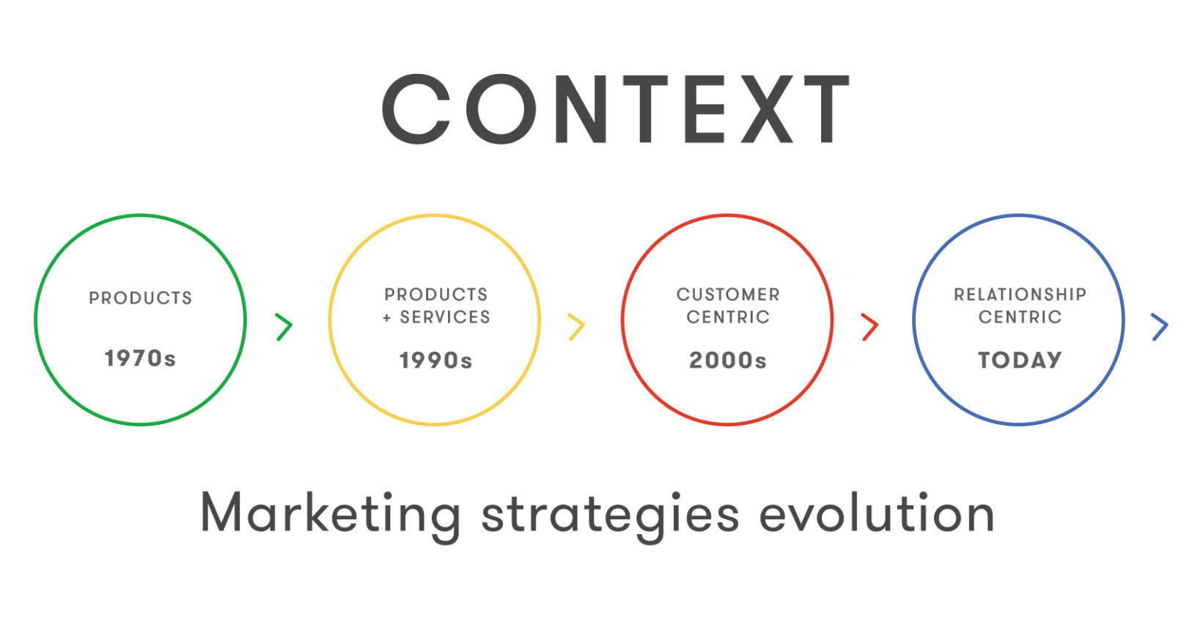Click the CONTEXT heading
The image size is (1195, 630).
tap(616, 109)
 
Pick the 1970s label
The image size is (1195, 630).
tap(140, 359)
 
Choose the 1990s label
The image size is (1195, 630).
tap(436, 361)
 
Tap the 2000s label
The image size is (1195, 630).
tap(728, 361)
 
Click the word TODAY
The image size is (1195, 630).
tap(1020, 360)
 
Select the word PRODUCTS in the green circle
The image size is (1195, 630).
tap(140, 298)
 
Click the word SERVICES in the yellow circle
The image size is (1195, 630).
tap(445, 317)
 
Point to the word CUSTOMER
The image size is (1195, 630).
tap(728, 294)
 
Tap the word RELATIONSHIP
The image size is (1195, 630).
tap(1020, 294)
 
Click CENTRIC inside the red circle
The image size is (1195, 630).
tap(728, 317)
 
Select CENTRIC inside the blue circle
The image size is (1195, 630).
tap(1020, 317)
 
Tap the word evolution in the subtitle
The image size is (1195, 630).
tap(877, 513)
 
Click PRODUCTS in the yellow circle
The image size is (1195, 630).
tap(436, 294)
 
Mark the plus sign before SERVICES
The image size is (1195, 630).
tap(387, 318)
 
